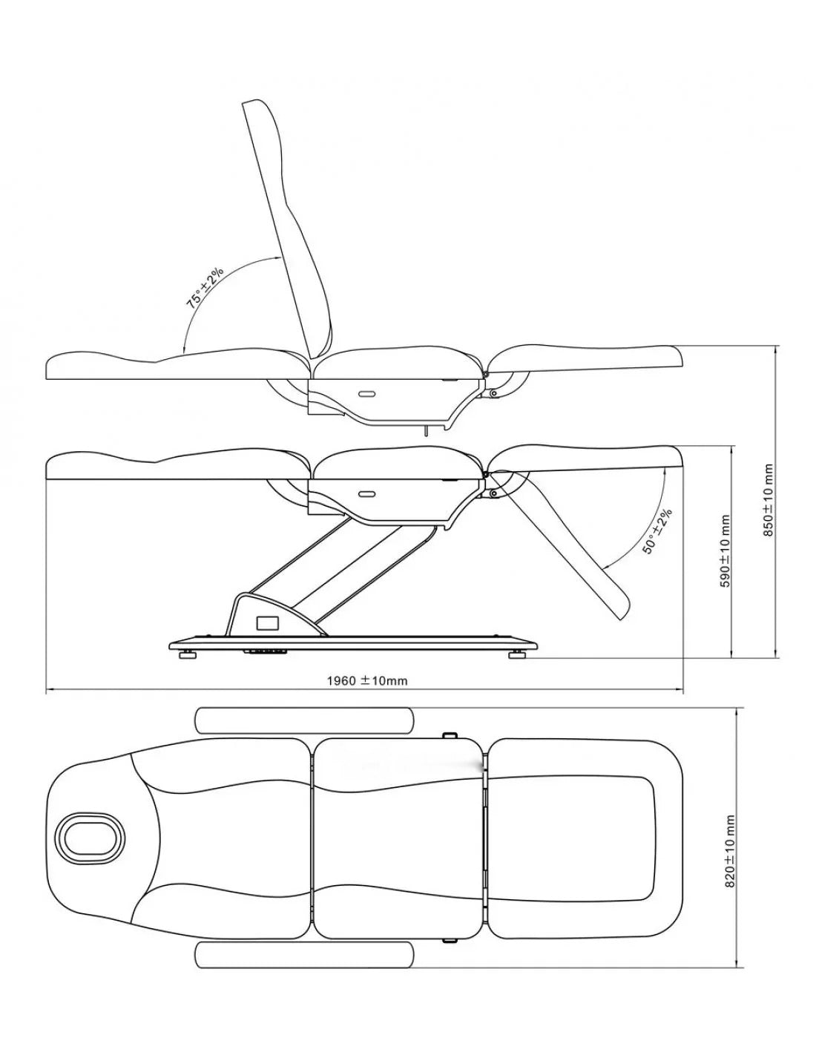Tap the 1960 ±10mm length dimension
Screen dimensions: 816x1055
[x=367, y=680]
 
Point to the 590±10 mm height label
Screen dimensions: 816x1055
[x=725, y=551]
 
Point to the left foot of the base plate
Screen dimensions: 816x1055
[x=188, y=655]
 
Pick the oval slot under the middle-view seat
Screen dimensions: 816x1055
[x=366, y=494]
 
